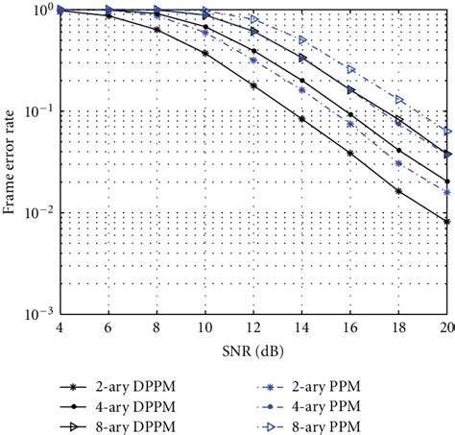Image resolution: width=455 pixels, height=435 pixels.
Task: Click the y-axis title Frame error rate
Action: tap(12, 161)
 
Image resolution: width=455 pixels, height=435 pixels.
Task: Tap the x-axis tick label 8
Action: tap(156, 328)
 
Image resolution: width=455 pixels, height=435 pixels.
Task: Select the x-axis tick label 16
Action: tap(350, 328)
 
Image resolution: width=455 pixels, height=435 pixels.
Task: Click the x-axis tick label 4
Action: tap(60, 328)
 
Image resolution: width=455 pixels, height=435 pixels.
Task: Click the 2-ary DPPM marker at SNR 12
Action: tap(253, 86)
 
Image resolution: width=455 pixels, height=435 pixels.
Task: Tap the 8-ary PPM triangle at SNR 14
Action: tap(302, 40)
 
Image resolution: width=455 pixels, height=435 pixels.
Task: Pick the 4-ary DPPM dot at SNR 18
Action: tap(399, 150)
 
